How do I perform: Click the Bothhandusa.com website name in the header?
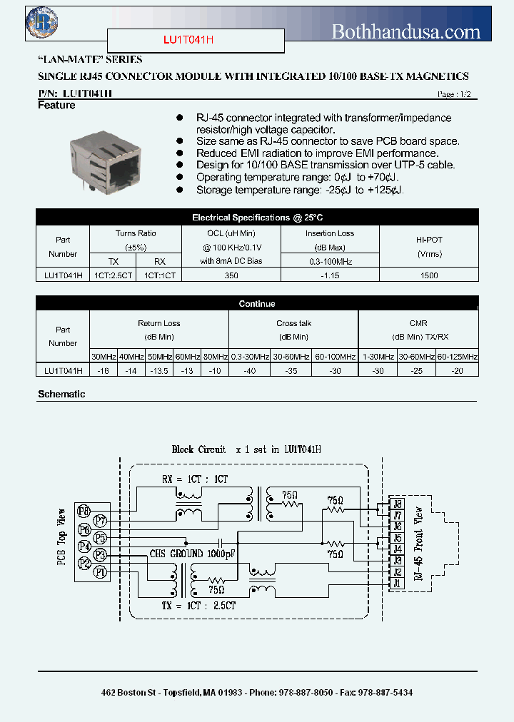pos(407,31)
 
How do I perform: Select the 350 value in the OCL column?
pos(231,275)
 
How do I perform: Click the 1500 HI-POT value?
pos(429,275)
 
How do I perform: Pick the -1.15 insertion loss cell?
pos(330,275)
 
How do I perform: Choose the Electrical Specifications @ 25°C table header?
pos(257,218)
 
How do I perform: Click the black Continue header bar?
pos(257,304)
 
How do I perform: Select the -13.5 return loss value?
pos(159,370)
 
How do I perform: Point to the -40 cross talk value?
pos(249,370)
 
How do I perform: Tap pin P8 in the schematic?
pos(84,511)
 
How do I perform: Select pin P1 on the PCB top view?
pos(101,571)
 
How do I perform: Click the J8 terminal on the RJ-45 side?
pos(397,504)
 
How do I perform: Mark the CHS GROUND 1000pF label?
pos(191,554)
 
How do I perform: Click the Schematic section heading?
pos(61,394)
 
